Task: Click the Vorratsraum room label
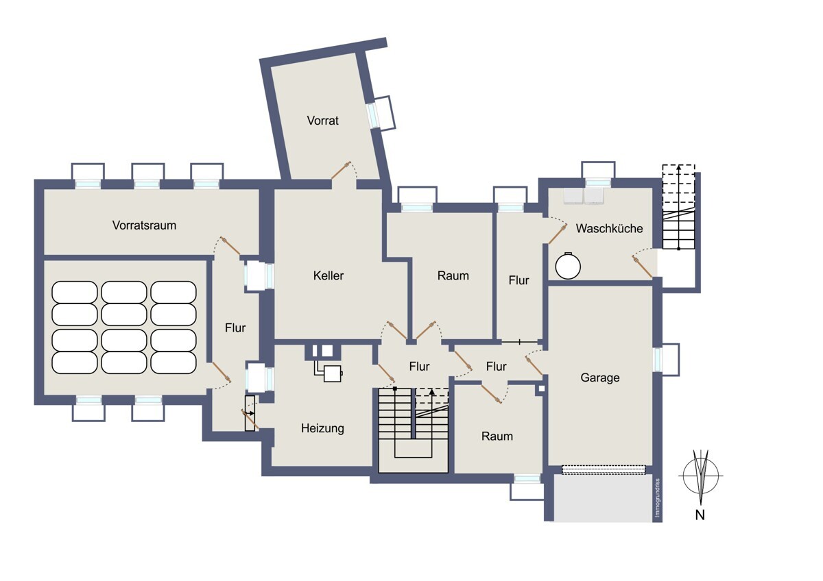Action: click(144, 225)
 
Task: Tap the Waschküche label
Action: click(609, 228)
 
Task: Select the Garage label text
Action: click(600, 378)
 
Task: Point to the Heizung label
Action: click(322, 428)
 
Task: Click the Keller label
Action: click(329, 275)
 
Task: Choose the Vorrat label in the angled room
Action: click(322, 121)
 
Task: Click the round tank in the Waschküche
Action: click(568, 266)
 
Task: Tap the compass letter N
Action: click(700, 515)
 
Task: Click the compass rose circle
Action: click(701, 475)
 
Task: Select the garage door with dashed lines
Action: click(604, 469)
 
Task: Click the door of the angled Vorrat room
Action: click(341, 171)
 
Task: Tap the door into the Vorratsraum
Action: click(230, 245)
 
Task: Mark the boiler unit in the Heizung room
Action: click(333, 373)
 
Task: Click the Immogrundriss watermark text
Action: click(657, 497)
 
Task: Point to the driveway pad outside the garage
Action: click(604, 498)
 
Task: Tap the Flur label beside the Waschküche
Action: click(518, 280)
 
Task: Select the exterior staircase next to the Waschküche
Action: click(678, 208)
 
